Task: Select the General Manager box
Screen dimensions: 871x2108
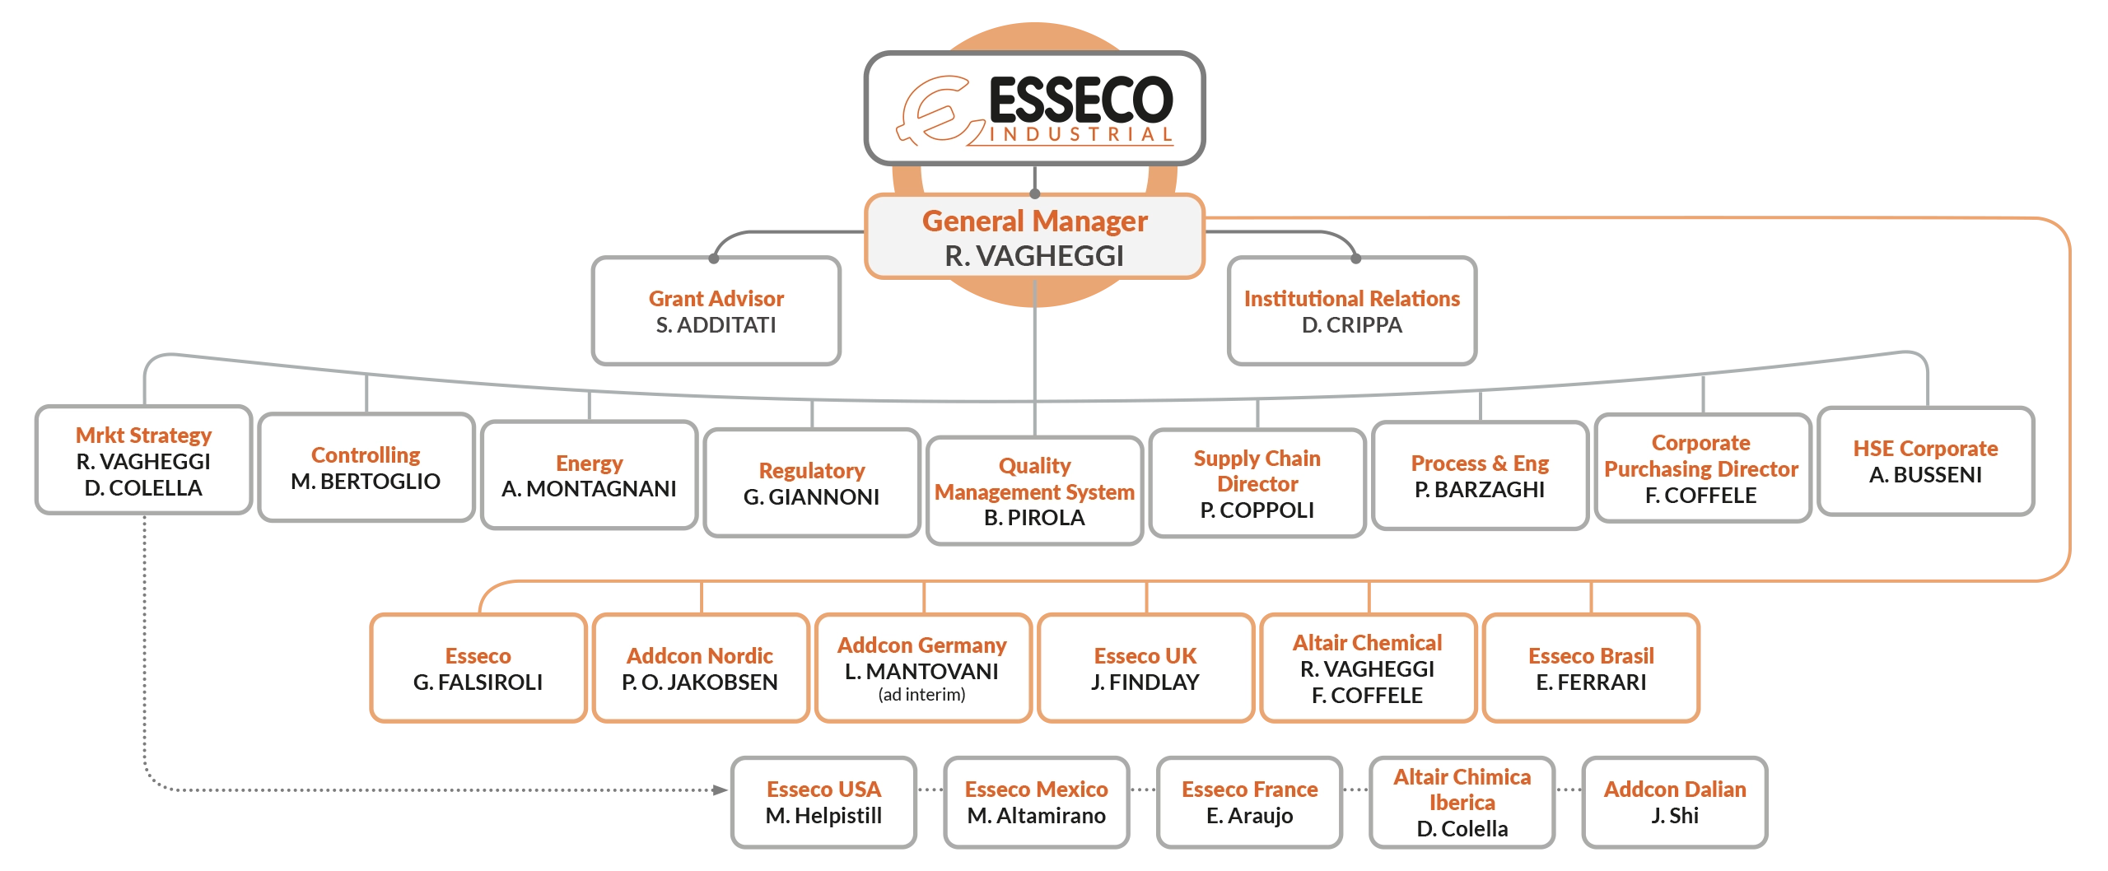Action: tap(1034, 238)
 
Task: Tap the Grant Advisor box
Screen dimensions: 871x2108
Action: tap(716, 311)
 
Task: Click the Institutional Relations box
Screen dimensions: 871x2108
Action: tap(1351, 311)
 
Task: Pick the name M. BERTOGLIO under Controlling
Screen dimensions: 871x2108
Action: tap(366, 482)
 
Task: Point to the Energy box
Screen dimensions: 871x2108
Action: tap(589, 476)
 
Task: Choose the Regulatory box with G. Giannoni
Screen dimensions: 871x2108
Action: tap(811, 484)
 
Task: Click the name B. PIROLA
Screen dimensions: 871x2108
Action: tap(1034, 518)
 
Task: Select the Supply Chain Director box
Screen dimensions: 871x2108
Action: tap(1257, 484)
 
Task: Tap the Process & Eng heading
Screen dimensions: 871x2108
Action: tap(1480, 463)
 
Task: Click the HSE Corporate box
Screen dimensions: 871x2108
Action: tap(1925, 462)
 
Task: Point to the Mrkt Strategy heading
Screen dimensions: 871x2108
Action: tap(143, 435)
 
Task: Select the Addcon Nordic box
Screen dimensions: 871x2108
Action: tap(700, 668)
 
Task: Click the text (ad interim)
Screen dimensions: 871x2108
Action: tap(921, 695)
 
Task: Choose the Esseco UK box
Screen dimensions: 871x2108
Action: tap(1145, 668)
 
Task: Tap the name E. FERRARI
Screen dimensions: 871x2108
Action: tap(1591, 682)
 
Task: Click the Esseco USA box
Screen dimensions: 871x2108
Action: tap(823, 803)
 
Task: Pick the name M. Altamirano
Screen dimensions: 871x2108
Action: tap(1036, 816)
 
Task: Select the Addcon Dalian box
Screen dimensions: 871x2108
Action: tap(1675, 803)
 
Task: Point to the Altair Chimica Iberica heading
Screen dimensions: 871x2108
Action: tap(1462, 789)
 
